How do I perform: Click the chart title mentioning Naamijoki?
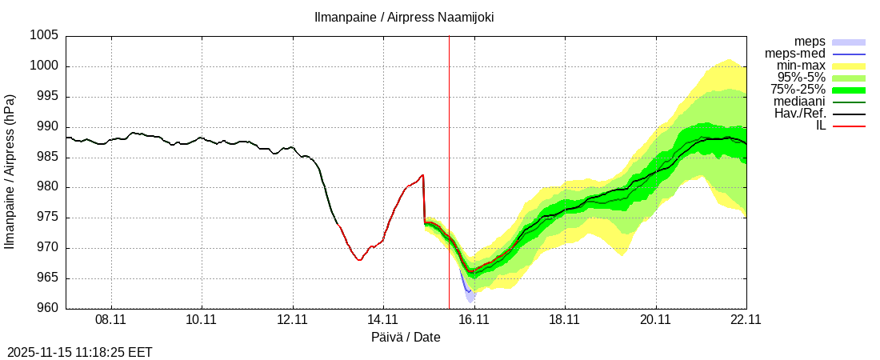pos(403,16)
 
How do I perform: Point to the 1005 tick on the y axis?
pos(44,36)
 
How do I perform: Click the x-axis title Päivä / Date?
pos(406,338)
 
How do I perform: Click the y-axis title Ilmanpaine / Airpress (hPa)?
pos(10,172)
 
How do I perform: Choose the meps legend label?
pos(810,42)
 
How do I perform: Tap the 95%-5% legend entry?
pos(801,78)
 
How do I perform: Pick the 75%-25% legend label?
pos(798,90)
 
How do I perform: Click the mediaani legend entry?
pos(799,102)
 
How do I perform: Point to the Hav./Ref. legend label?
pos(800,114)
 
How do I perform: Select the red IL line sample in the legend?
pos(849,126)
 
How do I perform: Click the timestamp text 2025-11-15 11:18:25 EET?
pos(79,352)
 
